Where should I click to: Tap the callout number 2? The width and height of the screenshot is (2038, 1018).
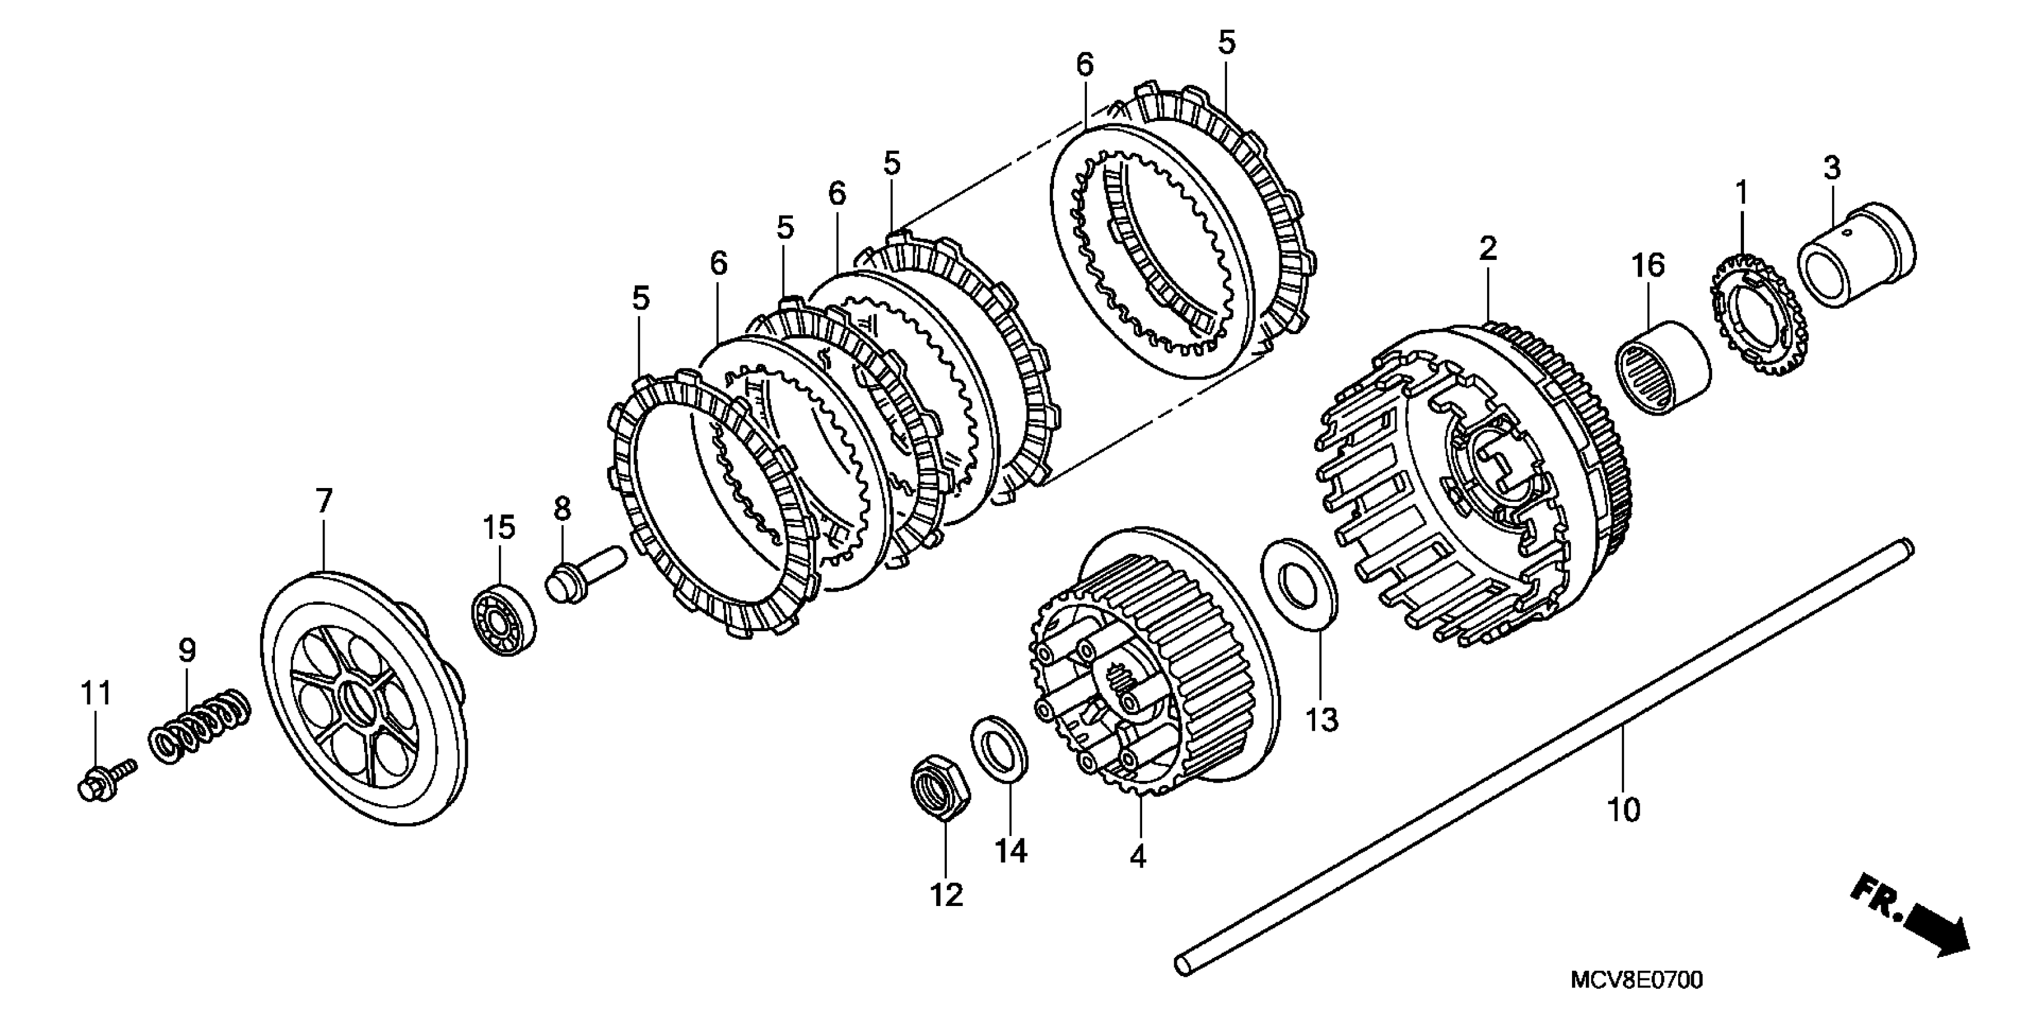[1488, 250]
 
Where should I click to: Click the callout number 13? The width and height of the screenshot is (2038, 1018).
[1321, 720]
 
